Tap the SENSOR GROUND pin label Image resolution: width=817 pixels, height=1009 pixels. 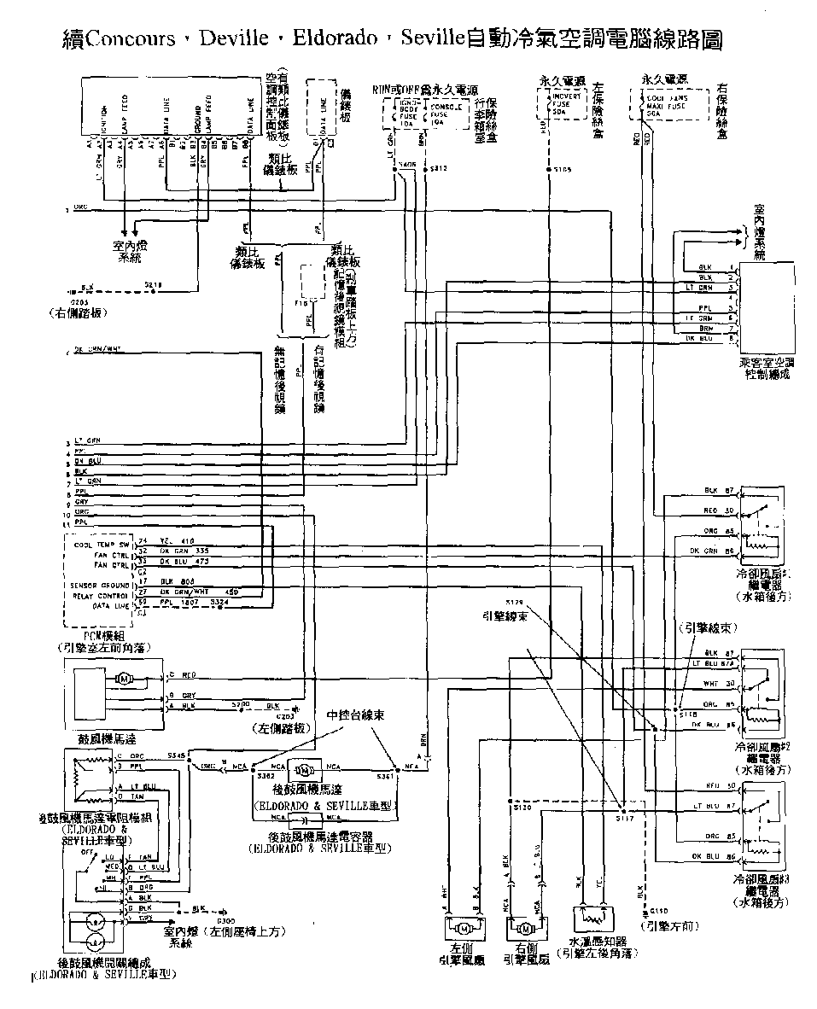tap(102, 585)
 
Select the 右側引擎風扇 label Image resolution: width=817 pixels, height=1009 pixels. tap(526, 954)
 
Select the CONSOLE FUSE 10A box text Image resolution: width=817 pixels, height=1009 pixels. tap(444, 114)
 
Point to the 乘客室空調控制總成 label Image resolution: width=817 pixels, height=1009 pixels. tap(766, 367)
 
